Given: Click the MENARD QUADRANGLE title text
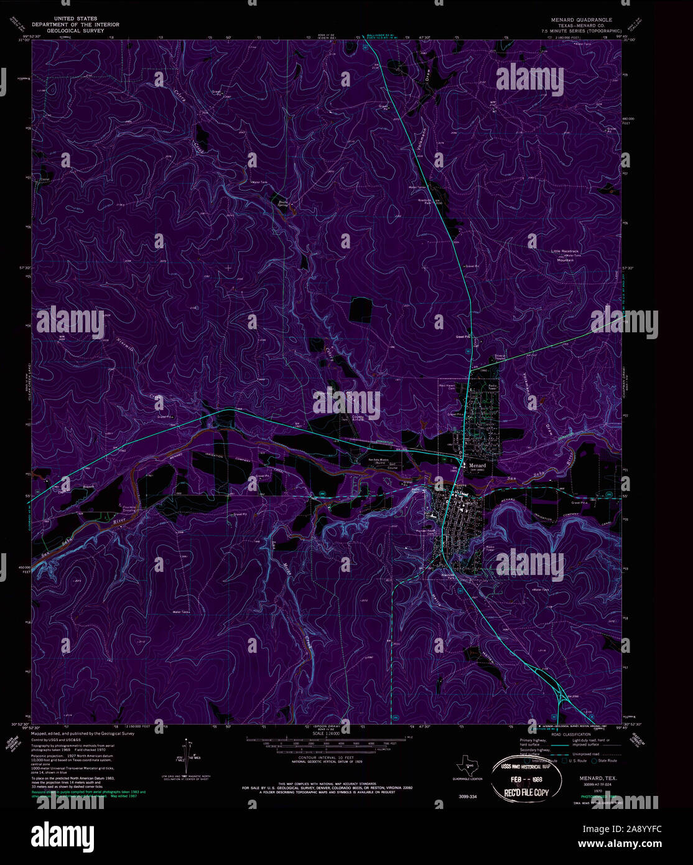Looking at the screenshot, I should pos(581,20).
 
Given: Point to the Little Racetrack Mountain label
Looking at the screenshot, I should pos(565,255).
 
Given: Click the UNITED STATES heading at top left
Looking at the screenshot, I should pos(75,19).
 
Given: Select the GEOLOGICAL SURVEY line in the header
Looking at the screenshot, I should pos(75,30).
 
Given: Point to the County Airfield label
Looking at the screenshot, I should pos(358,419).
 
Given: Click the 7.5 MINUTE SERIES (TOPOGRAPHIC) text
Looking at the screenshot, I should pos(581,30).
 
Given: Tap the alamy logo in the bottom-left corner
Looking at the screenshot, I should pos(62,836).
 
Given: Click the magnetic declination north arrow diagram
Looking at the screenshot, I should pos(187,754).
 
